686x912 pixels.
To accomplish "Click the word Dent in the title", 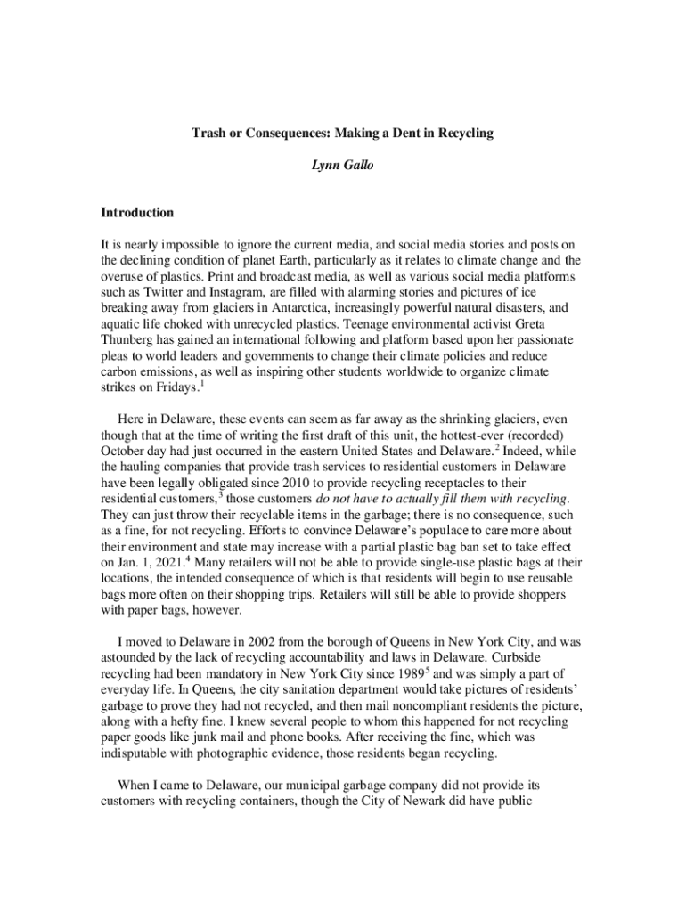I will pos(404,134).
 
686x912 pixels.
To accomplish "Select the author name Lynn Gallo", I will pos(343,165).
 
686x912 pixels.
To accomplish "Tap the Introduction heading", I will pos(136,214).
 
